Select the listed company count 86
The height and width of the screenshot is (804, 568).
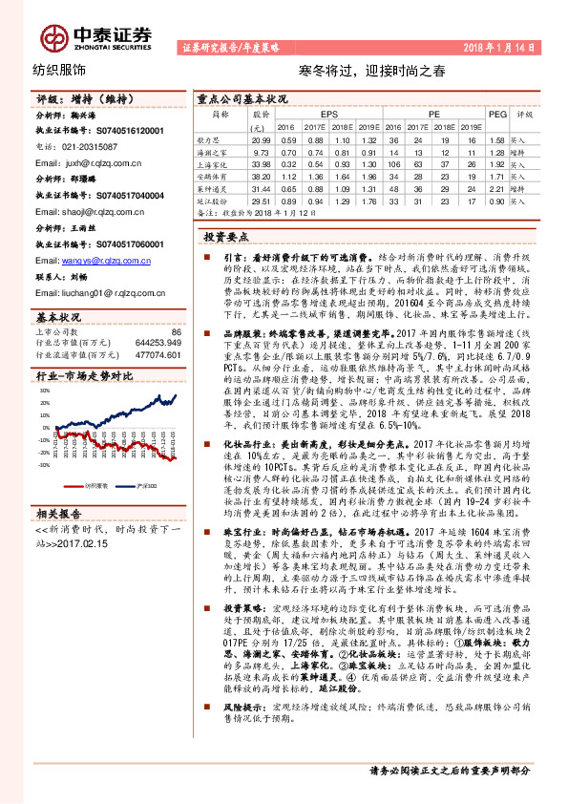[x=175, y=331]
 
